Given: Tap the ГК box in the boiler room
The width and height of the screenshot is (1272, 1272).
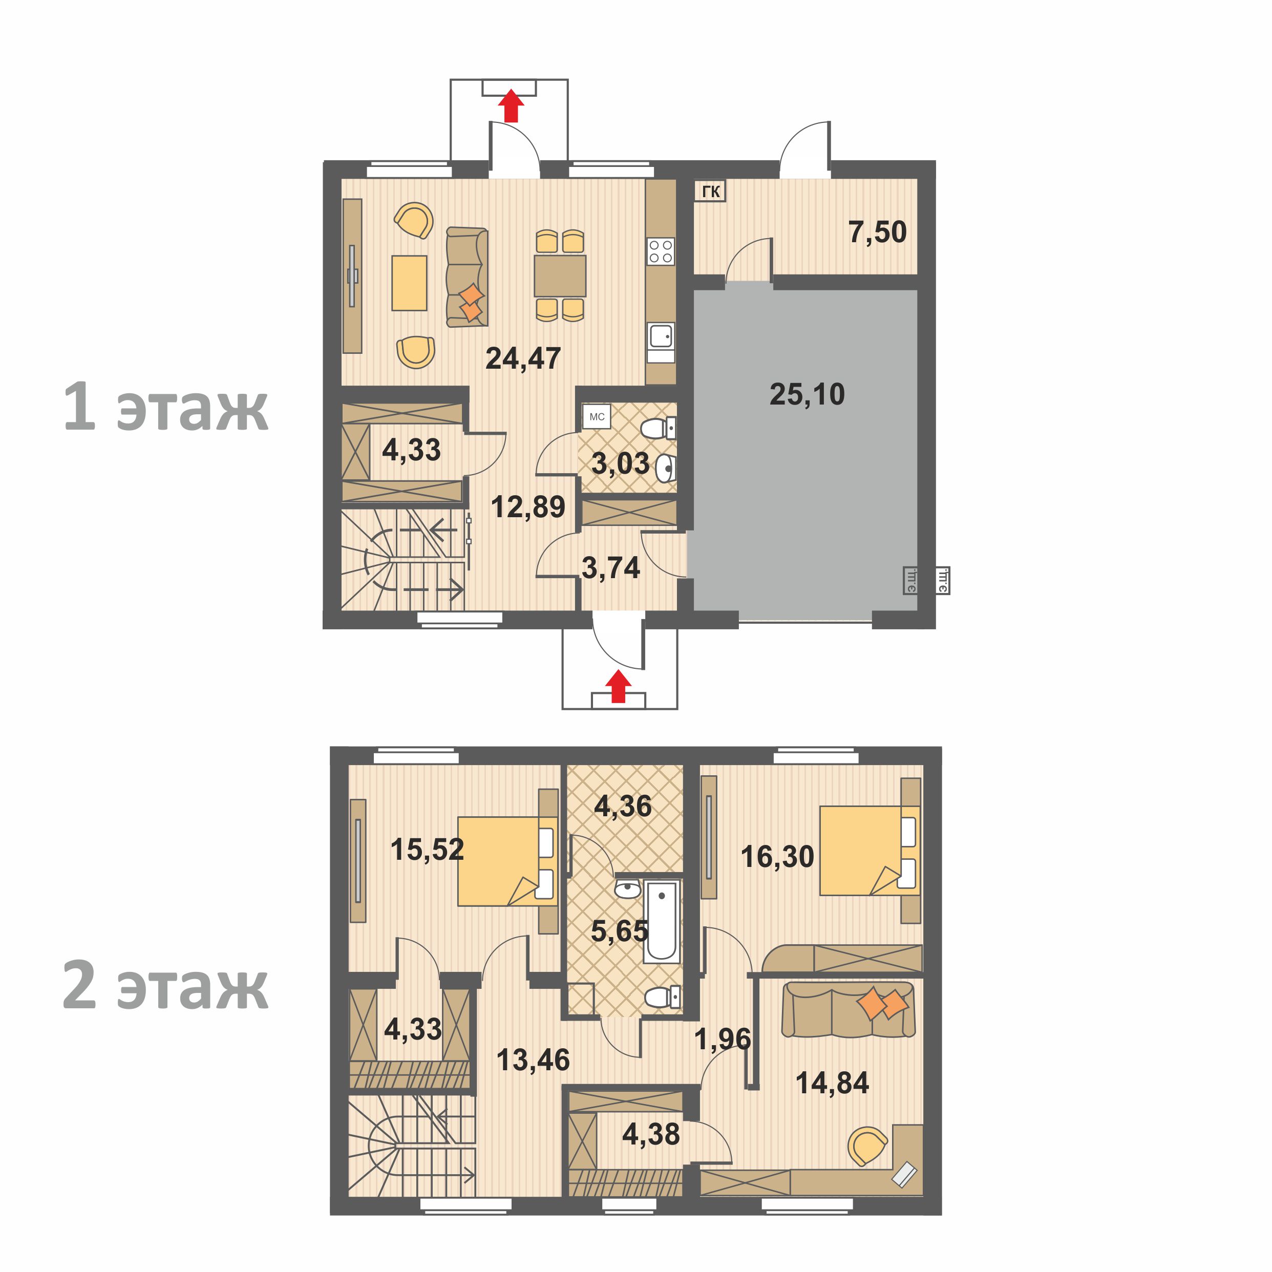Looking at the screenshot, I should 710,192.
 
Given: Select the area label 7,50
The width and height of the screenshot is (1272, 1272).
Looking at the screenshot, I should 877,232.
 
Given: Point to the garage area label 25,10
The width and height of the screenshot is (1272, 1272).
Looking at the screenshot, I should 807,394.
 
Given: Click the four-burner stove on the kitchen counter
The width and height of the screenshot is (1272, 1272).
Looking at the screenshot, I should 661,251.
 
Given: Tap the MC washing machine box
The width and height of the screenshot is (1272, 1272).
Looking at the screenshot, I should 597,417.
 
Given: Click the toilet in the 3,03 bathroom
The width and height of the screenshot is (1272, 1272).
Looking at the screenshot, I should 657,429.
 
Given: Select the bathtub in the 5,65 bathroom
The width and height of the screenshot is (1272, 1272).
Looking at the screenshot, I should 661,921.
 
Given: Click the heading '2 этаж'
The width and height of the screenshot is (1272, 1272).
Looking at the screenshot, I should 165,986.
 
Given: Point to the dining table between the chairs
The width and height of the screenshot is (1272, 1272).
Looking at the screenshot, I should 560,276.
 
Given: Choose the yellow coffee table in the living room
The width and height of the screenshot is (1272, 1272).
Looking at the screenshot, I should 409,283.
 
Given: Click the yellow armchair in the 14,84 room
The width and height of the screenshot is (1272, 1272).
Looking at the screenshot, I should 866,1146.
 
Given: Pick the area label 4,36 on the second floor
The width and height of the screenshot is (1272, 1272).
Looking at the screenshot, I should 623,807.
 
